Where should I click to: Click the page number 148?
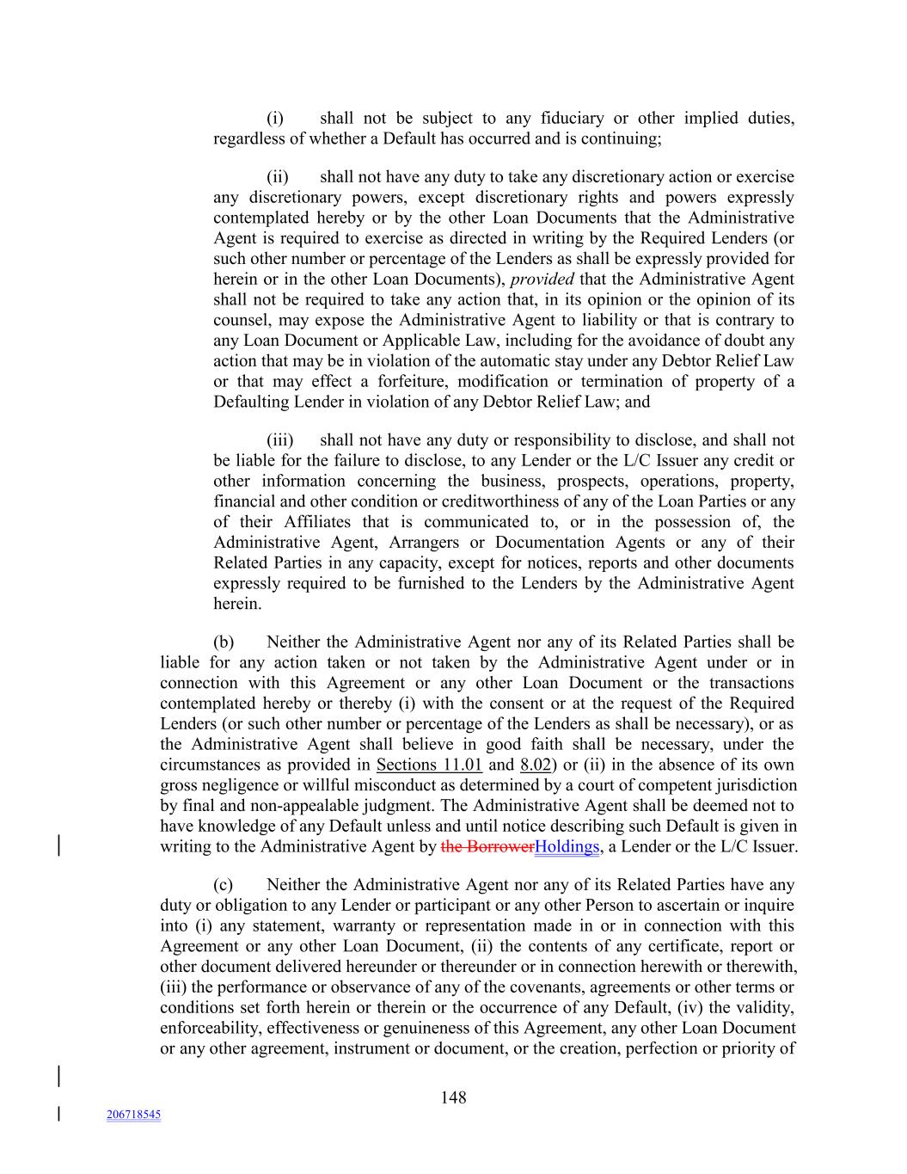453,1097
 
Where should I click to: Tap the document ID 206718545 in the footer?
133,1115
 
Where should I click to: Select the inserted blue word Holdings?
567,846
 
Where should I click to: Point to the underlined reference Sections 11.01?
429,765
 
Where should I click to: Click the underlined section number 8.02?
535,765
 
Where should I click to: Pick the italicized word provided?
542,279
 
